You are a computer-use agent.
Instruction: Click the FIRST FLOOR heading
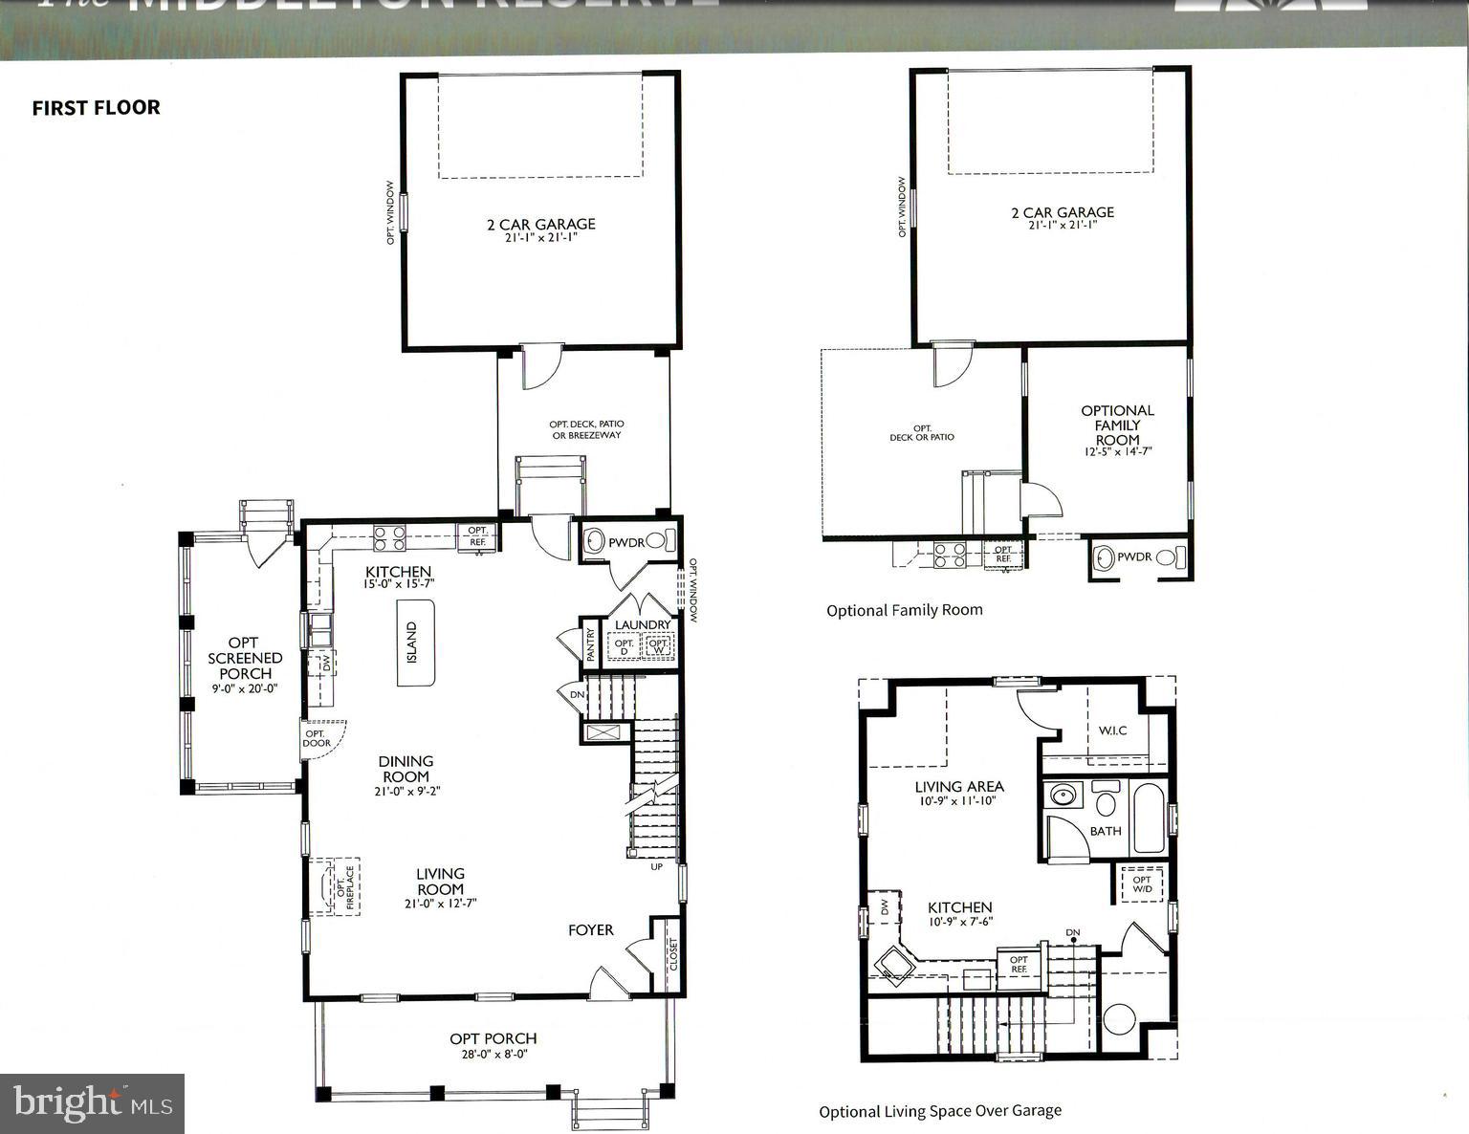[x=96, y=107]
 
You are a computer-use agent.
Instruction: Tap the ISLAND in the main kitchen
[x=415, y=643]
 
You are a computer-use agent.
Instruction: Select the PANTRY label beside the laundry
[x=590, y=643]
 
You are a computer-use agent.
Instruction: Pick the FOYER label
[x=590, y=929]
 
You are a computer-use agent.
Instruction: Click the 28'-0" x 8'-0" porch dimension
[x=493, y=1055]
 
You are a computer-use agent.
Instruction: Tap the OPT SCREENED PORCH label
[x=245, y=658]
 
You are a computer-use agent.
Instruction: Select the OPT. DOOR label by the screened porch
[x=317, y=738]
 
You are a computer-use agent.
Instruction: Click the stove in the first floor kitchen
[x=389, y=538]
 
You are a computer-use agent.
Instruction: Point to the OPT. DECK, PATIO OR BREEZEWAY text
[x=586, y=429]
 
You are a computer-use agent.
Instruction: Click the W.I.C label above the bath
[x=1112, y=731]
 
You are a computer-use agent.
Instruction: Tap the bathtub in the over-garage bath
[x=1149, y=818]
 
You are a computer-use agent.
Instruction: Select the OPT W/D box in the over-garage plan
[x=1141, y=884]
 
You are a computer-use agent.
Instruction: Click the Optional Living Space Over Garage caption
[x=939, y=1111]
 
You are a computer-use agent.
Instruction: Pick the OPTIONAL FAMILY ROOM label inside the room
[x=1117, y=425]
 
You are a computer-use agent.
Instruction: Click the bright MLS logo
[x=93, y=1103]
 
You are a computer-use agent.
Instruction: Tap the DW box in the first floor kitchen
[x=325, y=662]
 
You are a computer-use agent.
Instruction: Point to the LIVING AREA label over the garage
[x=958, y=786]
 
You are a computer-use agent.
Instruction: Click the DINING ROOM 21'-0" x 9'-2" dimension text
[x=406, y=791]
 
